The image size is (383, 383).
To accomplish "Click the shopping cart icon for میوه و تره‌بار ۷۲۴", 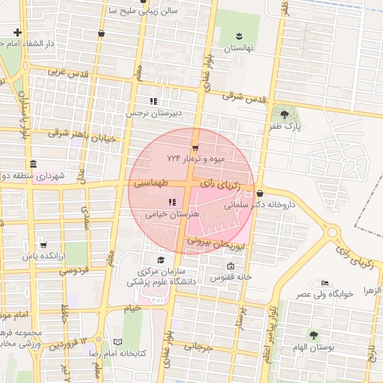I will tap(195, 147).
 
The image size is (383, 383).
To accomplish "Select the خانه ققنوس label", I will tap(231, 278).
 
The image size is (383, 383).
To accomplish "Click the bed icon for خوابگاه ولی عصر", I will tap(324, 283).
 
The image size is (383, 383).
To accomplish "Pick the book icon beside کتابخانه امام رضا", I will tap(117, 341).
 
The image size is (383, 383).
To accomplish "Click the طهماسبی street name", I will tap(152, 183).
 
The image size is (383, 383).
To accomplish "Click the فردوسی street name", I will tap(74, 269).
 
